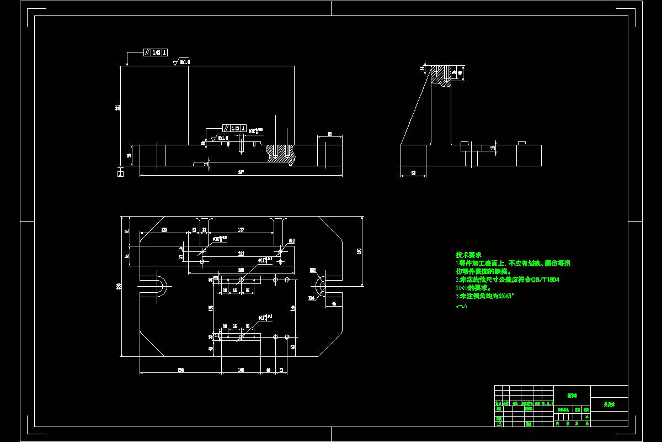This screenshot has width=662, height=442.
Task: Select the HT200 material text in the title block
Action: click(572, 396)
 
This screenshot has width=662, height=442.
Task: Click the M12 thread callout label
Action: click(292, 241)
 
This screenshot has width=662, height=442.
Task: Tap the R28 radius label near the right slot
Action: click(313, 270)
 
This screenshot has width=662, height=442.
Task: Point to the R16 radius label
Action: click(311, 298)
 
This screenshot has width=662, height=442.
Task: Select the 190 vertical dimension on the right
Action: click(359, 251)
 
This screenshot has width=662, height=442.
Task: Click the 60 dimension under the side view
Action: click(413, 173)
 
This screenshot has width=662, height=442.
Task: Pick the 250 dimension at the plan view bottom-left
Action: click(180, 370)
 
